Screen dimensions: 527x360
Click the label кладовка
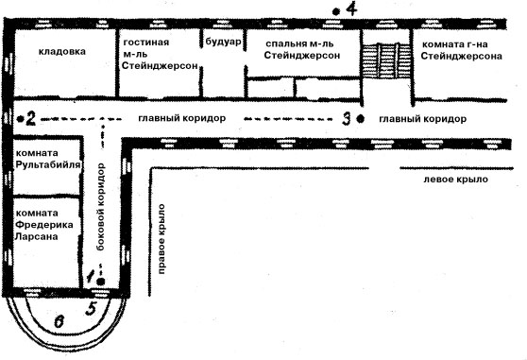(x=62, y=52)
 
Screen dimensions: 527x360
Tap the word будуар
(x=223, y=42)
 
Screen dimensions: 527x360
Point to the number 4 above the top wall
(x=351, y=9)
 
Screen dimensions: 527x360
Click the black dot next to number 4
(x=335, y=12)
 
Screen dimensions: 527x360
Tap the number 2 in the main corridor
(x=30, y=119)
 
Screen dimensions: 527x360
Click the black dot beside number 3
(x=361, y=118)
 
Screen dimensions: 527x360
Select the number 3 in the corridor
(x=347, y=119)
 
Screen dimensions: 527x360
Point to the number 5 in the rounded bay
(x=91, y=308)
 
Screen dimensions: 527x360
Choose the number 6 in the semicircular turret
(x=59, y=321)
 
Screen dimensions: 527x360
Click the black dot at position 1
(x=101, y=281)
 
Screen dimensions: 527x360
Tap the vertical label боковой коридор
(x=100, y=207)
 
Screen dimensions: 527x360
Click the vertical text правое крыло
(x=161, y=239)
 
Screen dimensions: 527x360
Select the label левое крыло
(x=455, y=180)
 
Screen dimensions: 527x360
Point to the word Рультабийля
(x=48, y=164)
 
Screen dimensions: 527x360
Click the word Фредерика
(x=44, y=225)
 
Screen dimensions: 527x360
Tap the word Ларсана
(x=36, y=236)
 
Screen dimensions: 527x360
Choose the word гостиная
(x=146, y=43)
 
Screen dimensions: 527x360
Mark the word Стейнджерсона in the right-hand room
(x=461, y=56)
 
